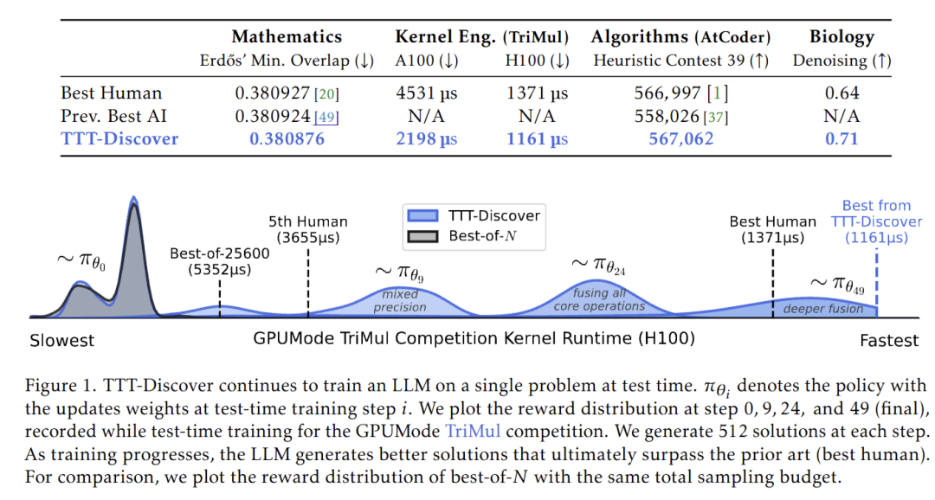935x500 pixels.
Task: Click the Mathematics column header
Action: pos(287,36)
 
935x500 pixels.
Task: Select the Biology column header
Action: pos(841,36)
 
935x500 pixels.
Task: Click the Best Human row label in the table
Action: pos(111,93)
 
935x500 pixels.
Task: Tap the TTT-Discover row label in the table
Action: pos(119,138)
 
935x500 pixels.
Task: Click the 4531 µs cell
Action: pos(426,93)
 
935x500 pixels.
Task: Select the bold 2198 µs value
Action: pos(426,138)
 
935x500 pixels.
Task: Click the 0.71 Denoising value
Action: pos(841,138)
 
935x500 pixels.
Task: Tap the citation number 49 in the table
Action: pos(328,117)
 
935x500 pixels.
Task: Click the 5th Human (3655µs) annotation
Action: pos(308,229)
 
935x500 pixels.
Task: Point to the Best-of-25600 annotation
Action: pos(220,261)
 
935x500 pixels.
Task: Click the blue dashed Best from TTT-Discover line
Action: pos(877,277)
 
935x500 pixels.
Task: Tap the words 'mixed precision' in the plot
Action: pos(400,301)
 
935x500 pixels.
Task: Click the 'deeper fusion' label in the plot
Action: pos(823,309)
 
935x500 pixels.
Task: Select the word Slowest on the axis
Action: pos(62,340)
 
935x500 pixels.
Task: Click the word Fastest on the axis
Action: pos(889,340)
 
